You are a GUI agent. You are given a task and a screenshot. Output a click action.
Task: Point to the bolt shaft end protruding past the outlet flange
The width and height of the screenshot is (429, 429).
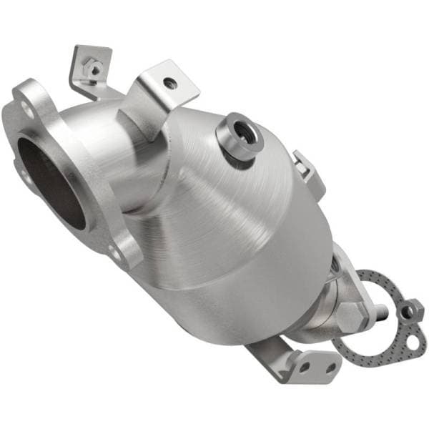tap(381, 310)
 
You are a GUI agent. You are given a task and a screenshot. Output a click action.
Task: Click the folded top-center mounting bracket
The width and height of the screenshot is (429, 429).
tap(161, 97)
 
